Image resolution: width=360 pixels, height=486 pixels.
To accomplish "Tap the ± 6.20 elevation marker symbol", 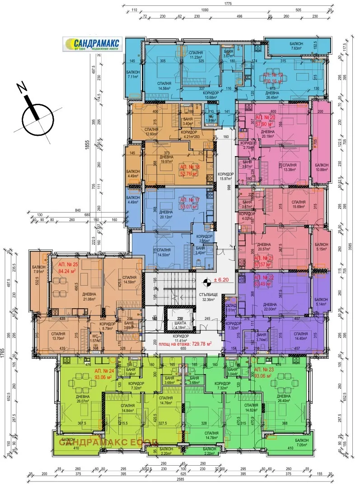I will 206,282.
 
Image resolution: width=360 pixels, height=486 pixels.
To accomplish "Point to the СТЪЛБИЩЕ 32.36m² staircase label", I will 209,296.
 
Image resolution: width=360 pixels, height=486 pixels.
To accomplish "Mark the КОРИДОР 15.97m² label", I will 225,176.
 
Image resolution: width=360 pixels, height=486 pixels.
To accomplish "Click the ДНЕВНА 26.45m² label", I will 272,95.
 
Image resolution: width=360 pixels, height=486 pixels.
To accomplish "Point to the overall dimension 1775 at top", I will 227,4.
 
